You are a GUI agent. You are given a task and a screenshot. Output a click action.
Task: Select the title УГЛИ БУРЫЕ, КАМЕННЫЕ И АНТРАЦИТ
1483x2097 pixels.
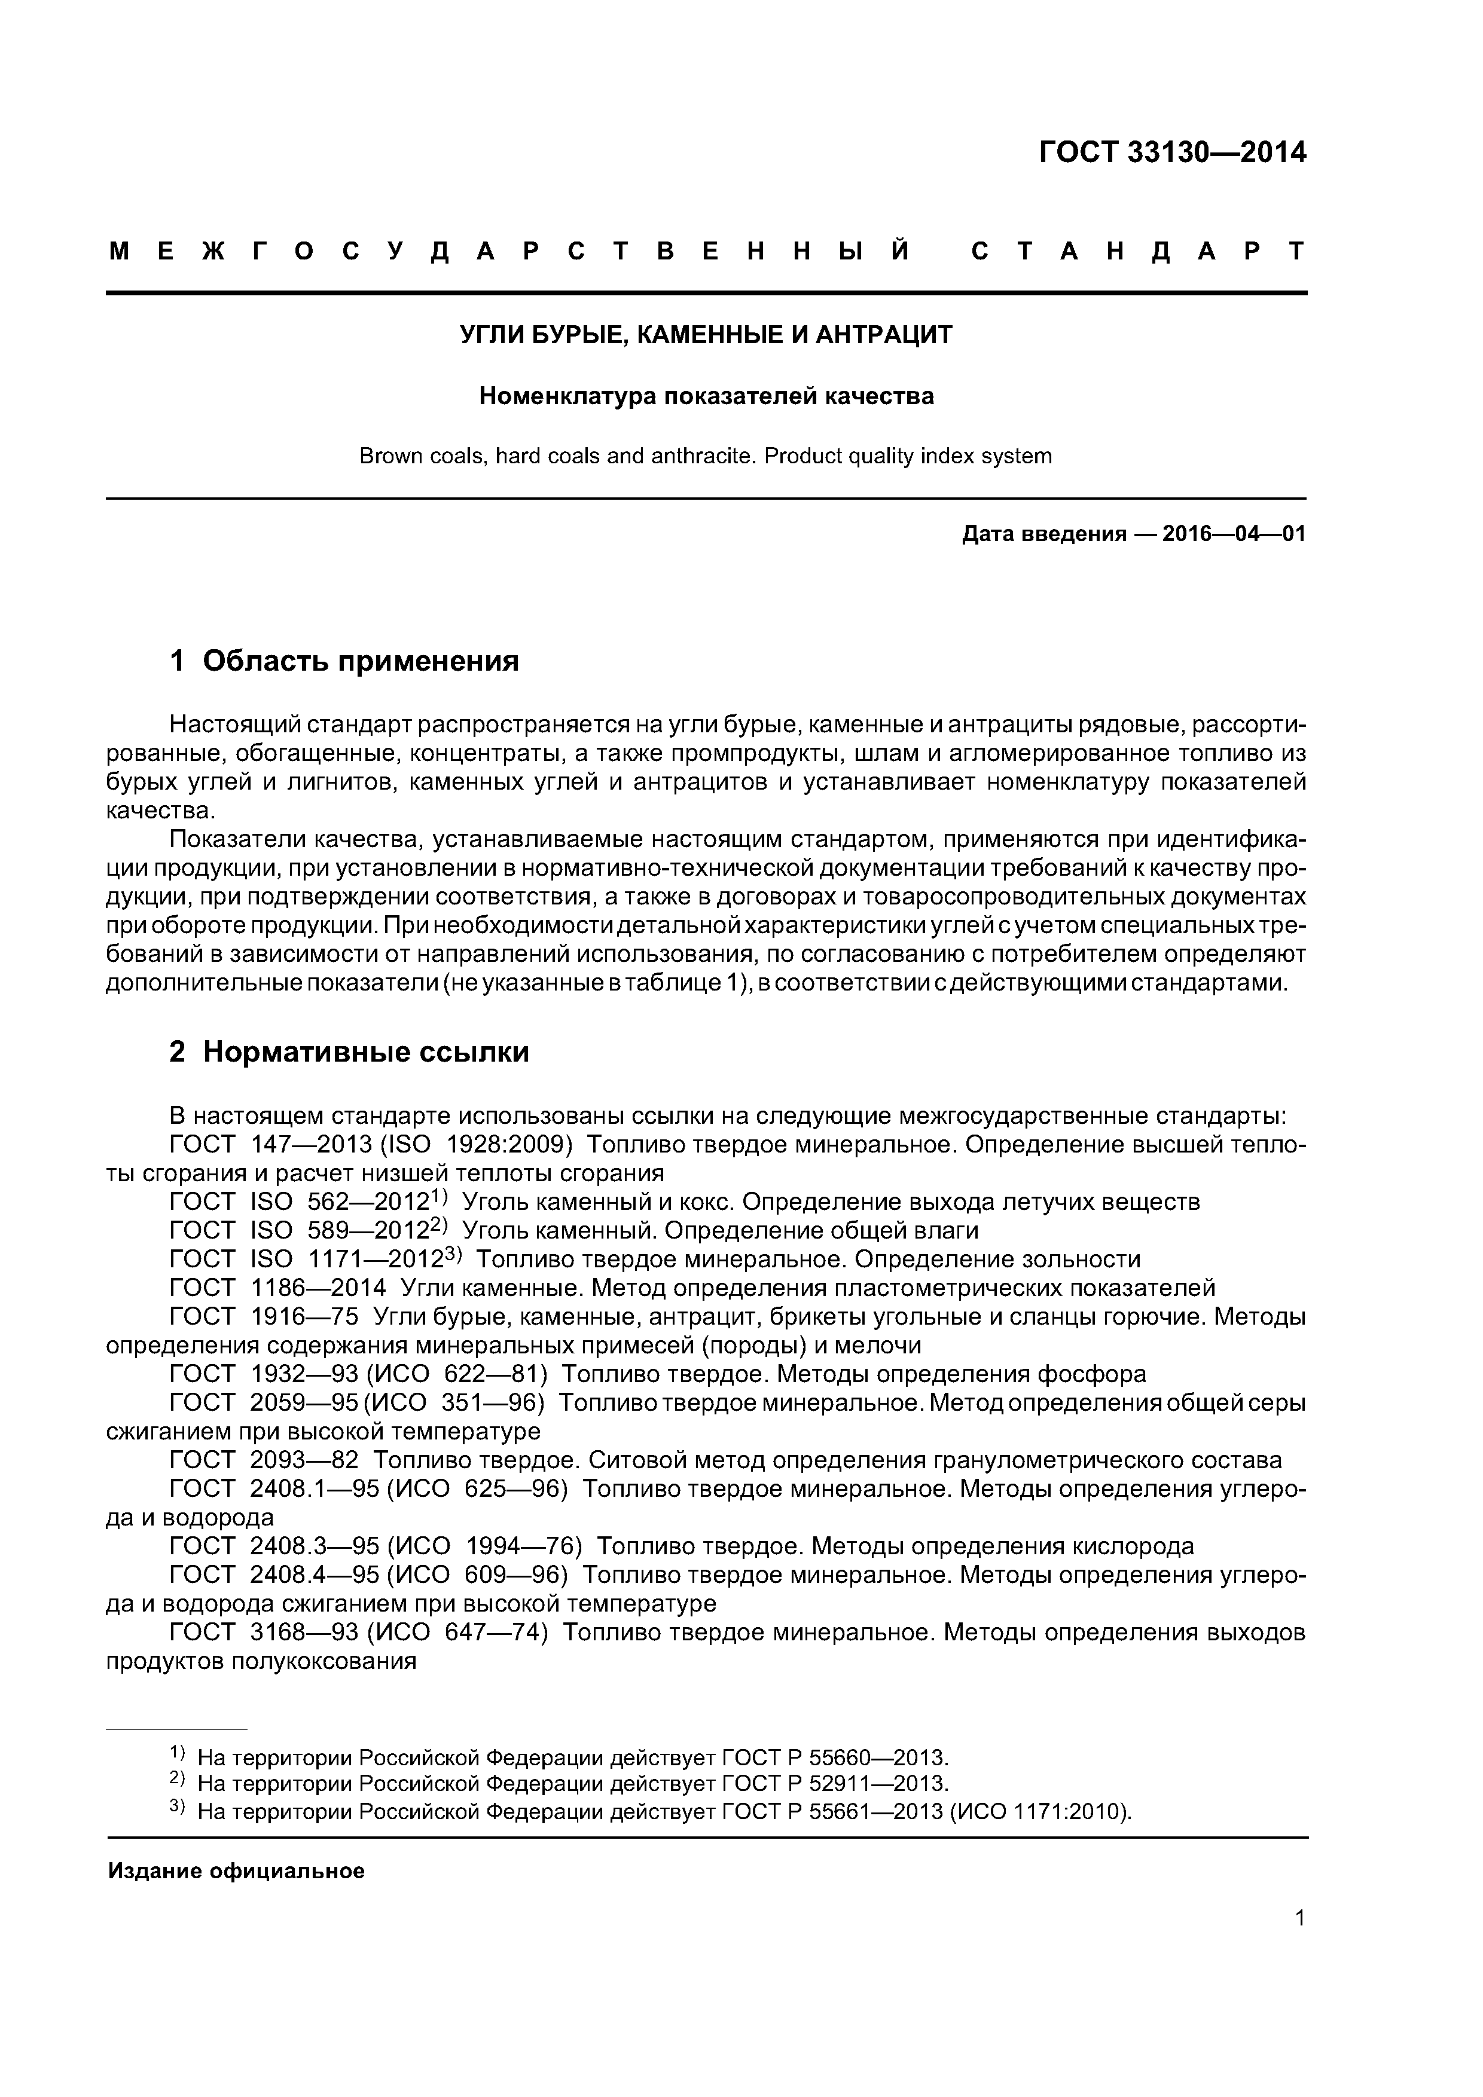[x=706, y=335]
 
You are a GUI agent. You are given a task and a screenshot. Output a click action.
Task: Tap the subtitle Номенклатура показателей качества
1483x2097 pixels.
[x=706, y=396]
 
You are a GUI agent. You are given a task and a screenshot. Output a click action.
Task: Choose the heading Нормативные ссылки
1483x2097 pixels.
[x=365, y=1052]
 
